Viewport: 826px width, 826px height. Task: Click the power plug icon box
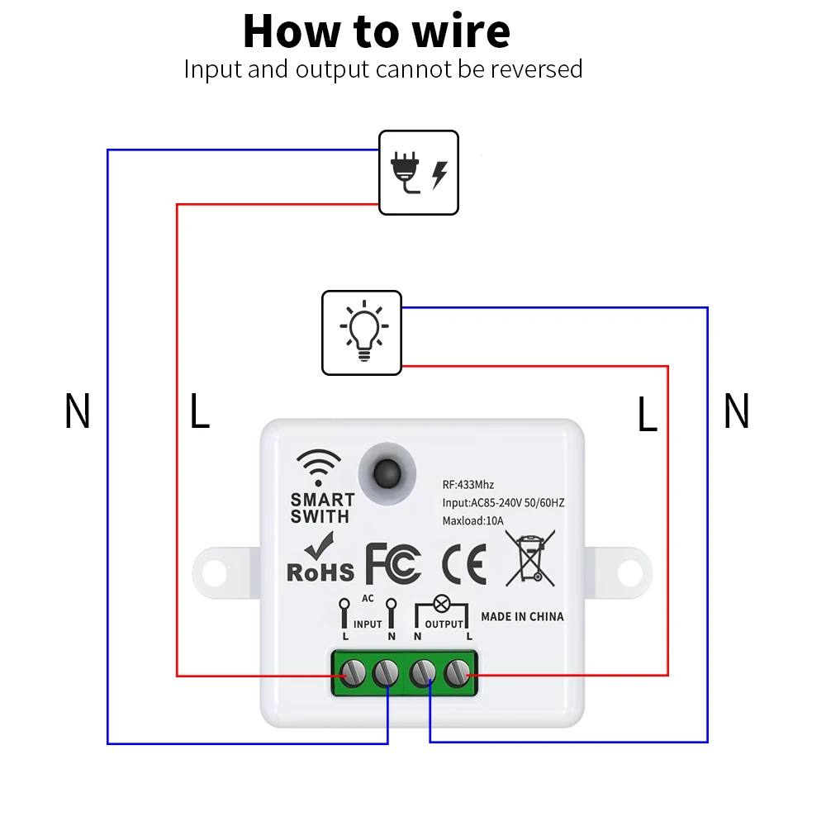pyautogui.click(x=418, y=173)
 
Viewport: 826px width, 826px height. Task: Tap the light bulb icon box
pyautogui.click(x=361, y=332)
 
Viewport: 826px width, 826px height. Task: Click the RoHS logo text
pyautogui.click(x=320, y=572)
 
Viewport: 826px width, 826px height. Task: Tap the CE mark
pyautogui.click(x=463, y=564)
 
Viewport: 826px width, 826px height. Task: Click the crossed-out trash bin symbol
pyautogui.click(x=530, y=559)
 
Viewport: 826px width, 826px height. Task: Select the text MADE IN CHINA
pyautogui.click(x=522, y=616)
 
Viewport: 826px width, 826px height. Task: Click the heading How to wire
pyautogui.click(x=377, y=31)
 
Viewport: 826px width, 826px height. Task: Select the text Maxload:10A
pyautogui.click(x=472, y=520)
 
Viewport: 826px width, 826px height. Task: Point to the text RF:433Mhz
pyautogui.click(x=468, y=485)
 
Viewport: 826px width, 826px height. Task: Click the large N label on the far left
pyautogui.click(x=77, y=411)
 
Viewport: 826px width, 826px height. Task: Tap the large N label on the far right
pyautogui.click(x=736, y=411)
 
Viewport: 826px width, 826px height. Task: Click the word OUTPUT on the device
pyautogui.click(x=444, y=624)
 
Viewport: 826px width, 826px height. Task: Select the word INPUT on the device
pyautogui.click(x=368, y=624)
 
